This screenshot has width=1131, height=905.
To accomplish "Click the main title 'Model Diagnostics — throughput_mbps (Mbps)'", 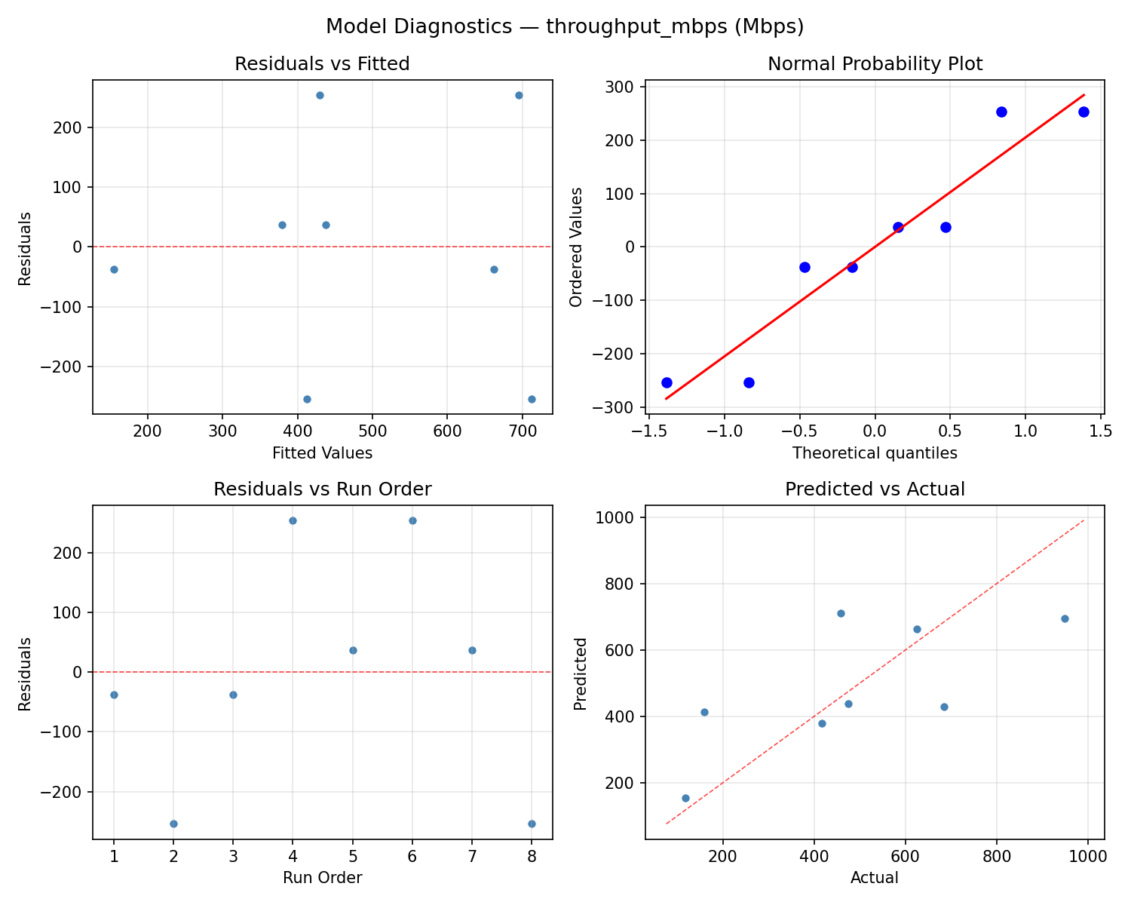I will pyautogui.click(x=565, y=27).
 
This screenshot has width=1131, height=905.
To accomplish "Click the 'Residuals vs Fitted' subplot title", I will pyautogui.click(x=322, y=64).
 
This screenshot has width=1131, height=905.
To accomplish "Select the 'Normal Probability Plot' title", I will pyautogui.click(x=875, y=64).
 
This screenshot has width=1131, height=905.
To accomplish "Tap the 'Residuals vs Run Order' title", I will pyautogui.click(x=322, y=489).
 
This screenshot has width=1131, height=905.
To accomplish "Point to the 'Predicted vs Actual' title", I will pyautogui.click(x=875, y=489).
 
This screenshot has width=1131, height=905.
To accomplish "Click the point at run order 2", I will pyautogui.click(x=173, y=824).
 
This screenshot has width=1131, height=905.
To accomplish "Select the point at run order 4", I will pyautogui.click(x=293, y=520).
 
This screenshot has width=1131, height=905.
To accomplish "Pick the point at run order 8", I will pyautogui.click(x=532, y=824).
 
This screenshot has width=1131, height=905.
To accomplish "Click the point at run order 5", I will pyautogui.click(x=353, y=650).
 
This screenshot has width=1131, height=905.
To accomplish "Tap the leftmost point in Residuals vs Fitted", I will pyautogui.click(x=114, y=269).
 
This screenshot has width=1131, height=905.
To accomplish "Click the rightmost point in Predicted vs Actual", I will pyautogui.click(x=1065, y=618).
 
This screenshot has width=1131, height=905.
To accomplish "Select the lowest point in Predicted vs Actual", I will pyautogui.click(x=685, y=798).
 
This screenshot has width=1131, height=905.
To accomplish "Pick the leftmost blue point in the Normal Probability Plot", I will pyautogui.click(x=667, y=382).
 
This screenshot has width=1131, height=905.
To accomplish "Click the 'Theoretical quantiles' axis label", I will pyautogui.click(x=875, y=453).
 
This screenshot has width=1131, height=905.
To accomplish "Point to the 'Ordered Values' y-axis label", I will pyautogui.click(x=577, y=247).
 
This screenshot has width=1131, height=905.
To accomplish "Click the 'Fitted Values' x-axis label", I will pyautogui.click(x=322, y=453).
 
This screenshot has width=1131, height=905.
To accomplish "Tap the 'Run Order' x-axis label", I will pyautogui.click(x=322, y=878).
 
